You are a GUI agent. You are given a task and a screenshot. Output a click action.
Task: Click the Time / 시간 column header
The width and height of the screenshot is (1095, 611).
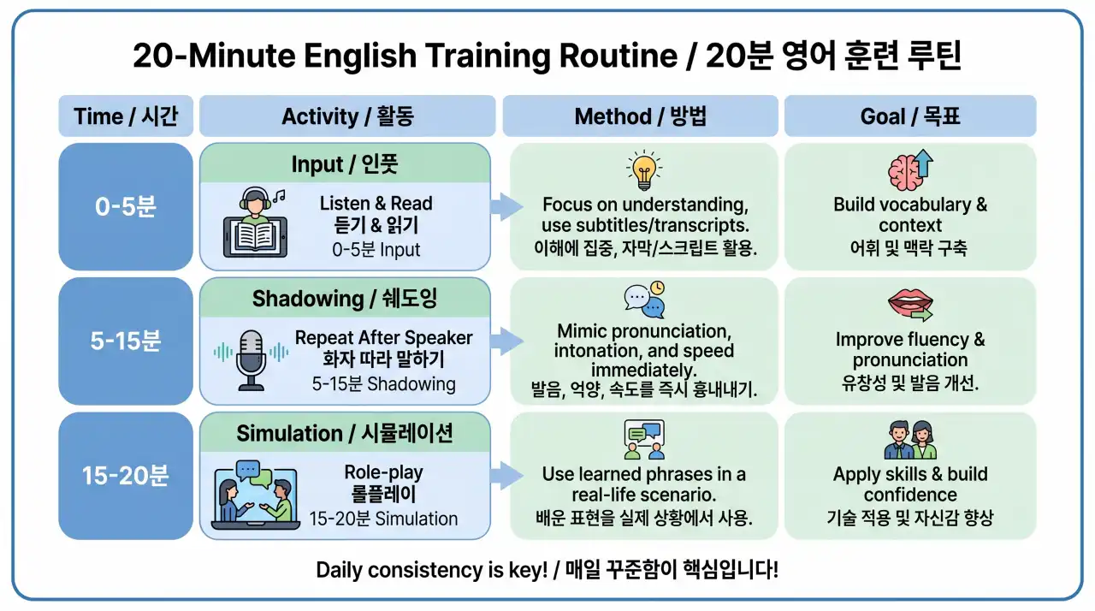click(126, 116)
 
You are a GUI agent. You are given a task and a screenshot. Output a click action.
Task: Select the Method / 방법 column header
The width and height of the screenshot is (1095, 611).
click(641, 116)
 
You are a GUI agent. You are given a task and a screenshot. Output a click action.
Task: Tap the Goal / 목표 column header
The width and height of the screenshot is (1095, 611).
click(910, 116)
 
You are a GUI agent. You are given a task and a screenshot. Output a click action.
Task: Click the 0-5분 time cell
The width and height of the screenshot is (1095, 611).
click(126, 206)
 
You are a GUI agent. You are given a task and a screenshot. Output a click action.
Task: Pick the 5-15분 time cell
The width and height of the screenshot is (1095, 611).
click(126, 341)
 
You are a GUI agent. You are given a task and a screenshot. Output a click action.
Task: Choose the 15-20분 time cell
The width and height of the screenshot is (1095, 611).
click(126, 476)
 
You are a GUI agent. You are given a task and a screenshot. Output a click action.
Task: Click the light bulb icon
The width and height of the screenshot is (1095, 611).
click(644, 169)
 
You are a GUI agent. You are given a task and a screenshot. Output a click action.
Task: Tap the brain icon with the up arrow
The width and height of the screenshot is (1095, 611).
click(910, 169)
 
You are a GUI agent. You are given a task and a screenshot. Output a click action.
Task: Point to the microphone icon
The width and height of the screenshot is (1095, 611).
click(252, 360)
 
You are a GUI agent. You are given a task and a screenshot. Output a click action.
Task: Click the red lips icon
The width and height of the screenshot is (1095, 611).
click(910, 304)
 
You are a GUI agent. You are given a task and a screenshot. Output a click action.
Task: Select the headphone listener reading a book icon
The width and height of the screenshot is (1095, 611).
click(255, 222)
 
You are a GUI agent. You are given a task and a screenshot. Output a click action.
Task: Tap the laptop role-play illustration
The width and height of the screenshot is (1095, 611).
click(255, 495)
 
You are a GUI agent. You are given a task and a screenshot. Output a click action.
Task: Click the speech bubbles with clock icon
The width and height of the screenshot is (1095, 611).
click(644, 300)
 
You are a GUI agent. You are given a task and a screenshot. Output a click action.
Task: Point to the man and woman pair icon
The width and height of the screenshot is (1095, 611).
click(910, 440)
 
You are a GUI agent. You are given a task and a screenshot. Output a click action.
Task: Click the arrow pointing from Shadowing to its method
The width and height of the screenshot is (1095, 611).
click(507, 341)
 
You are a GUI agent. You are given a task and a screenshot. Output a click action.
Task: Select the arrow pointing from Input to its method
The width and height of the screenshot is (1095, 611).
click(507, 207)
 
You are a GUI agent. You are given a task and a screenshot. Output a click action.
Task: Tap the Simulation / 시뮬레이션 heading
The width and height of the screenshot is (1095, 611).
click(345, 433)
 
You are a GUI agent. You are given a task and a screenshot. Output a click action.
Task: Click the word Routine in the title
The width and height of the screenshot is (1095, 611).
click(619, 56)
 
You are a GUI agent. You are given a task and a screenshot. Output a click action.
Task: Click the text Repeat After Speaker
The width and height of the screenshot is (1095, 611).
click(384, 338)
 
